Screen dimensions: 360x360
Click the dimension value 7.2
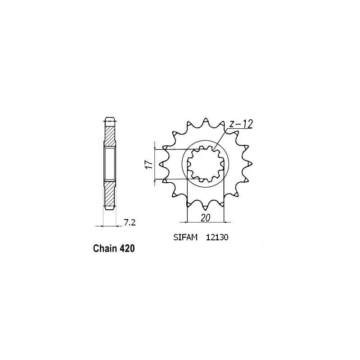130,223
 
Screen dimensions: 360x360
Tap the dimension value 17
149,165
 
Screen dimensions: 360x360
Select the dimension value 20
206,218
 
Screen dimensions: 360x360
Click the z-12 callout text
241,124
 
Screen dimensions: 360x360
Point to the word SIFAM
185,237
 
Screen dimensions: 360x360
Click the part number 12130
217,237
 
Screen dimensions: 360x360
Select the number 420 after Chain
127,248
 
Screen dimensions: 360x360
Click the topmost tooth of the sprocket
206,121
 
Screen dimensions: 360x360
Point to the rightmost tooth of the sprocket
249,163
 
